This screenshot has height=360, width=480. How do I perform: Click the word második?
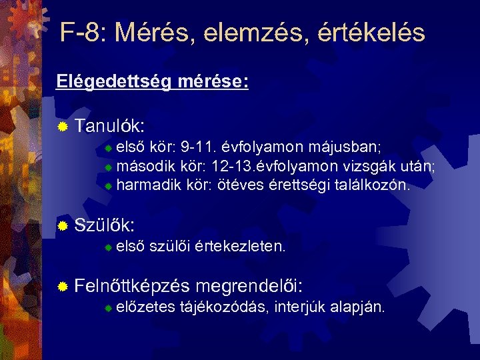click(x=143, y=166)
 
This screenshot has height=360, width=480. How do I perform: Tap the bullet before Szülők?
click(x=63, y=227)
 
